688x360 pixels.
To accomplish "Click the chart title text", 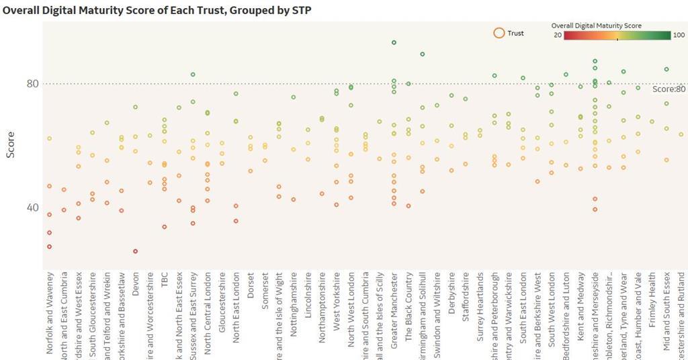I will pos(157,10).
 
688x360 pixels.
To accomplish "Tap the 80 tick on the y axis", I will pos(33,84).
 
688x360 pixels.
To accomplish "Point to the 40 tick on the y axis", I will pos(33,208).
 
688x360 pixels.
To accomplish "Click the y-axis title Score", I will pos(10,145).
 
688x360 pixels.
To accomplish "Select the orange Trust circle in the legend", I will pos(499,33).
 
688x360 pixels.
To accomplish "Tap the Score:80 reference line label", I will pos(669,89).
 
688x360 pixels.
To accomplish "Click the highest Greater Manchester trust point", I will pos(394,42).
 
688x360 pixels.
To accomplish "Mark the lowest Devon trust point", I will pos(136,251).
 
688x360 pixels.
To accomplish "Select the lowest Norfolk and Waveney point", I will pos(50,246).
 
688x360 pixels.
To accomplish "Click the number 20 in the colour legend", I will pos(558,36).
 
